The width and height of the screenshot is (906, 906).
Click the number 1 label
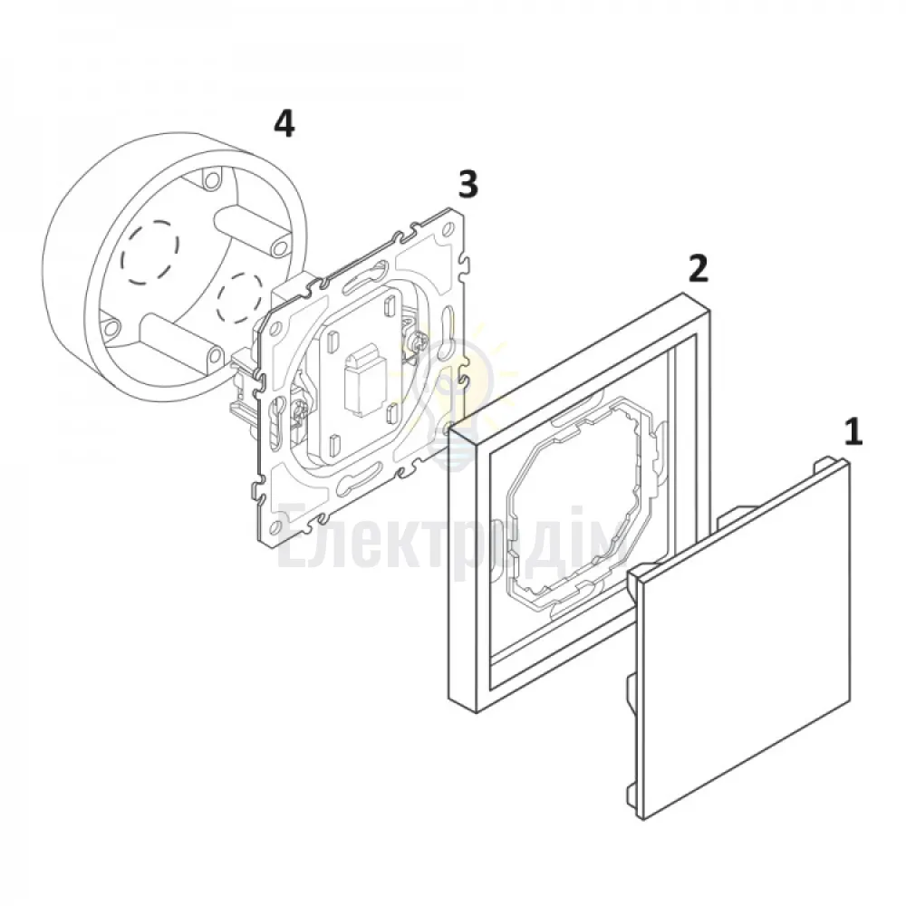[853, 433]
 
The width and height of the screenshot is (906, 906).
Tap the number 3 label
[468, 184]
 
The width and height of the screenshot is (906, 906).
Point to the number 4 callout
[284, 124]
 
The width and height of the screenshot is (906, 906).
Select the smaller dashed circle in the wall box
[239, 298]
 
